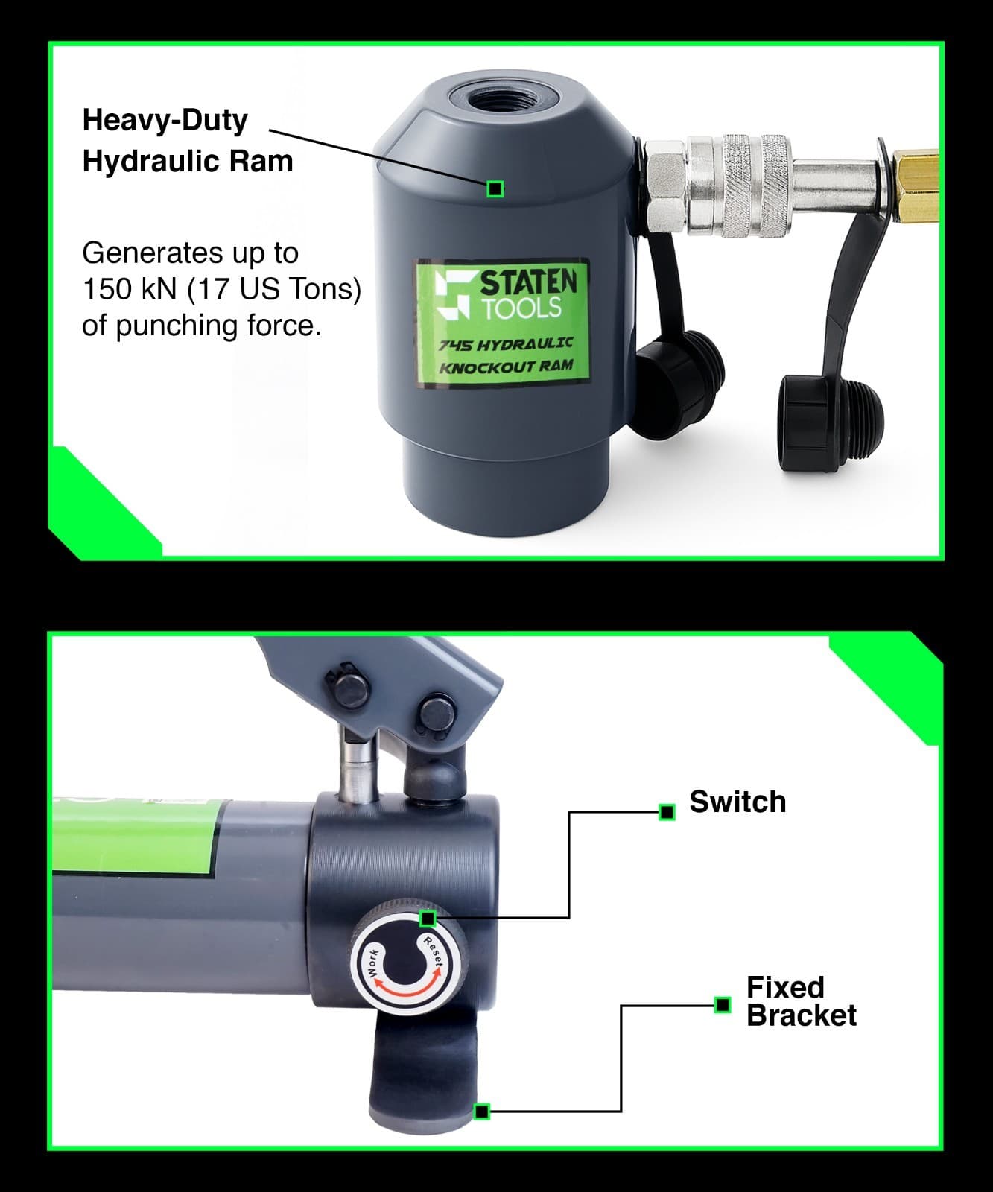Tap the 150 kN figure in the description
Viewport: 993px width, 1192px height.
130,289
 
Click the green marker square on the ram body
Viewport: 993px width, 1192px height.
495,189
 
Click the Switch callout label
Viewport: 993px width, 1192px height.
737,802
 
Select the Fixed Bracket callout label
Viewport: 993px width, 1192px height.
801,1001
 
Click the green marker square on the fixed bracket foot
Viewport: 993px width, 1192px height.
482,1112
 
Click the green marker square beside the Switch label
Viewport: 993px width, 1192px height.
667,812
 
